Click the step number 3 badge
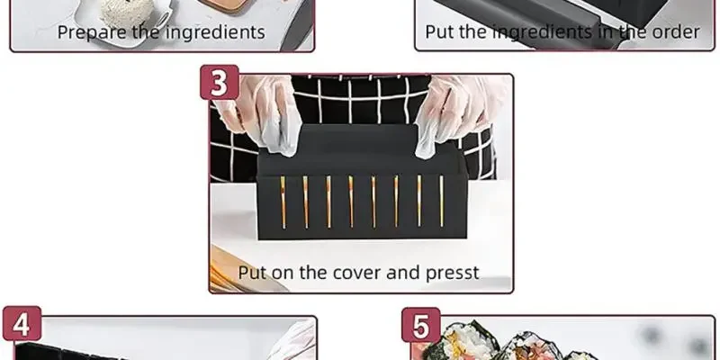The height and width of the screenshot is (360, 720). tap(219, 82)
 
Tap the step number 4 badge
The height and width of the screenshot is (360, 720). tap(22, 324)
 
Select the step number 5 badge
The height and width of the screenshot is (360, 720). tap(421, 325)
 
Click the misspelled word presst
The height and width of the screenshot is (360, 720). tap(453, 274)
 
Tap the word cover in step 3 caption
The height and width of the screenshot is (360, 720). tap(356, 273)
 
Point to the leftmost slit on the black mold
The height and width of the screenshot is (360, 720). tap(283, 202)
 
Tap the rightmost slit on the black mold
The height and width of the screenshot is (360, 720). tap(442, 201)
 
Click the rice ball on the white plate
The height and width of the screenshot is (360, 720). tap(127, 12)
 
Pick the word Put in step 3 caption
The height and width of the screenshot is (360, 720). tap(252, 274)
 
